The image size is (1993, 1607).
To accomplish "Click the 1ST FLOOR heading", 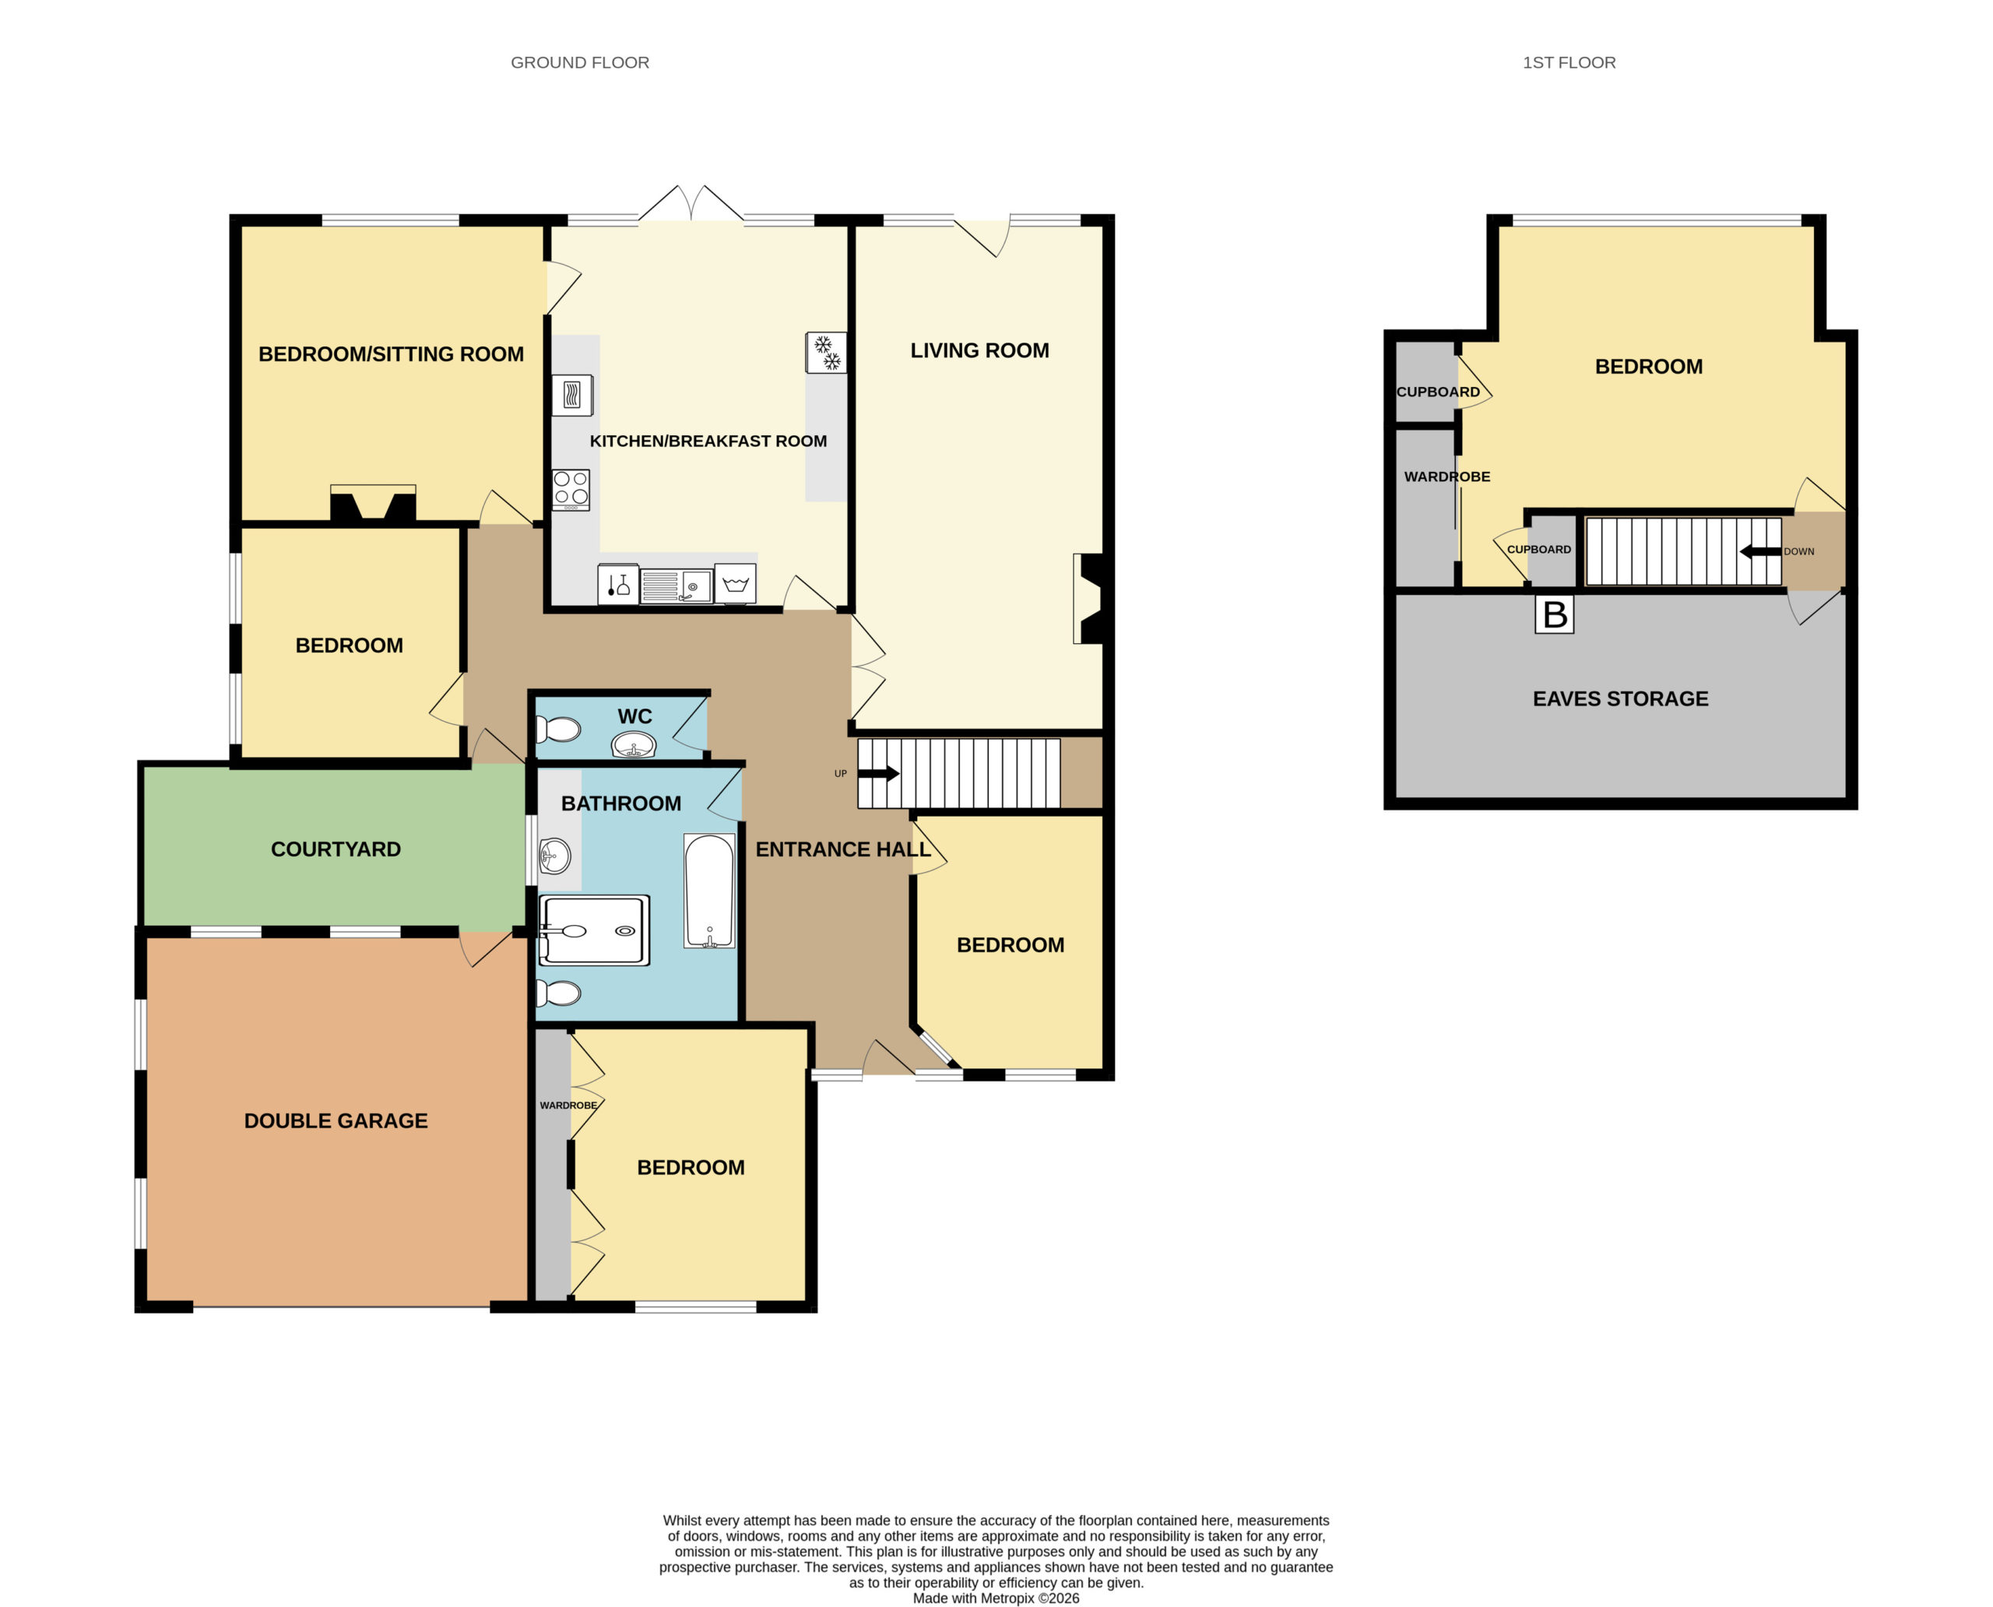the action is tap(1569, 62).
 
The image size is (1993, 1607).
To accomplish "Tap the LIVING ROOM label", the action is tap(979, 351).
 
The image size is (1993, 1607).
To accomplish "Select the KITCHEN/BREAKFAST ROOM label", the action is tap(708, 441).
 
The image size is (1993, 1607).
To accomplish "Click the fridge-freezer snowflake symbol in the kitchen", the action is tap(827, 353).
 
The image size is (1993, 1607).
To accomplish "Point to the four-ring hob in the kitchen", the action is tap(571, 490).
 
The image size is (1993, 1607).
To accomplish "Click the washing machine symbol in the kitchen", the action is tap(735, 584).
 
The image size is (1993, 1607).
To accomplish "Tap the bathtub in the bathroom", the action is tap(709, 891).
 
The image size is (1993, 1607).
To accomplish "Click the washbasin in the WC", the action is tap(634, 744).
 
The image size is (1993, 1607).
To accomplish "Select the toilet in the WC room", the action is tap(558, 730).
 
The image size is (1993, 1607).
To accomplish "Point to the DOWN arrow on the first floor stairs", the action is tap(1761, 552).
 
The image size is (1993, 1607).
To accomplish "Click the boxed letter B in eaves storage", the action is tap(1554, 614).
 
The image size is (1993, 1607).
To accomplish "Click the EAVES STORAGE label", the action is tap(1621, 699).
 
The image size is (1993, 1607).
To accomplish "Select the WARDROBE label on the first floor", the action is tap(1446, 476).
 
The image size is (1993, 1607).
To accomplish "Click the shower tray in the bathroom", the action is tap(593, 930).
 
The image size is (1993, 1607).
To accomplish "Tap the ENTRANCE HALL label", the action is tap(843, 849).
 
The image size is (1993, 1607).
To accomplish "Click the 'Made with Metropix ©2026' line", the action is tap(996, 1598).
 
